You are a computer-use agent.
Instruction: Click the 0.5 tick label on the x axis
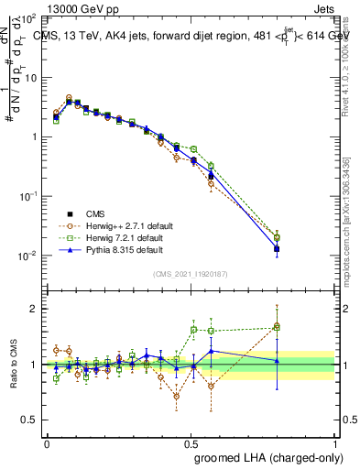pos(191,442)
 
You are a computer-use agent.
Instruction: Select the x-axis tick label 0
pos(47,442)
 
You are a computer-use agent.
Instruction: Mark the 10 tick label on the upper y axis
pos(28,77)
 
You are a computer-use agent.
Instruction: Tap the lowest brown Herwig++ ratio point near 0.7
pos(176,396)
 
